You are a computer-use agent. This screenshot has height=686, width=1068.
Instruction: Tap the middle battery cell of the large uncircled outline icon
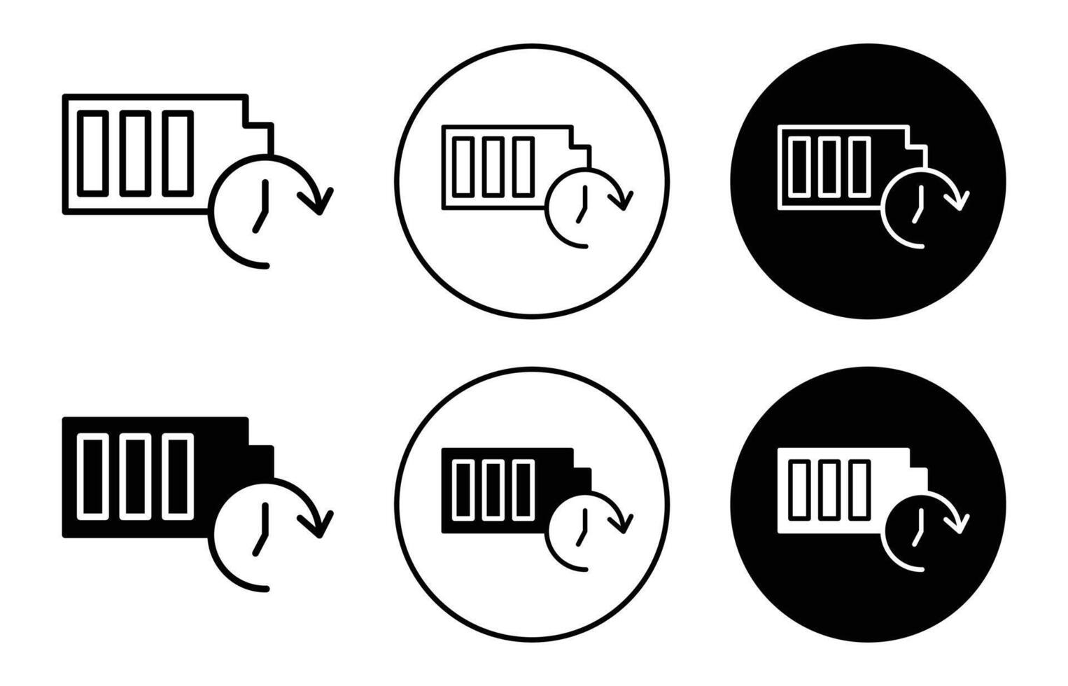coord(132,153)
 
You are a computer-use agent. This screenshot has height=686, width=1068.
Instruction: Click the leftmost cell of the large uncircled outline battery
coord(92,153)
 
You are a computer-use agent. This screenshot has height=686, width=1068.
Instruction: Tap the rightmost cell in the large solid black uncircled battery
coord(178,477)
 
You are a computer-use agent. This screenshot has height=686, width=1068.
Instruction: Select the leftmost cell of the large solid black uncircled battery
coord(92,477)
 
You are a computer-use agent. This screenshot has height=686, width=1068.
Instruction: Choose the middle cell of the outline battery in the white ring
coord(493,167)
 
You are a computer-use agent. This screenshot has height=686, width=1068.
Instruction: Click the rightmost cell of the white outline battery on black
coord(859,167)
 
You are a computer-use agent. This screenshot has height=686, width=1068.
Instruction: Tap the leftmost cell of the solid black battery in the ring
coord(463,489)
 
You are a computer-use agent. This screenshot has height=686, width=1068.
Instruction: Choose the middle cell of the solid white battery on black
coord(829,489)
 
